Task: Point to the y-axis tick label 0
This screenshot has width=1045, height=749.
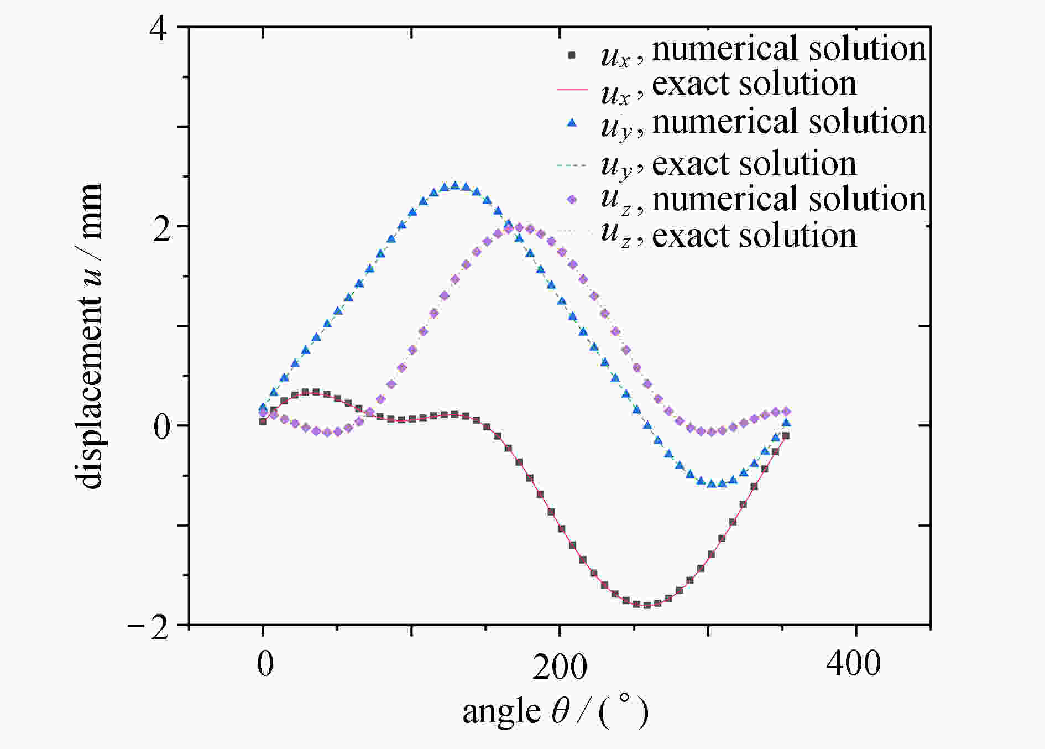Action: [x=162, y=428]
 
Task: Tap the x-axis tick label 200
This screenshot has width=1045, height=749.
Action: [x=560, y=667]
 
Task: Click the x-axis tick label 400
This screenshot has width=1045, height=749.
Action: [x=853, y=663]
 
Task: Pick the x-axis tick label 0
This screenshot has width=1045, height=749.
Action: [x=265, y=664]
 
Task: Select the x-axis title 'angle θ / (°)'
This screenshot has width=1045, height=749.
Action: [x=555, y=712]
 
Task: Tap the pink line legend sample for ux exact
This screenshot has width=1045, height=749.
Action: [x=572, y=89]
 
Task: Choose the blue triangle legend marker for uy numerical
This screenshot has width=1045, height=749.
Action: [x=572, y=124]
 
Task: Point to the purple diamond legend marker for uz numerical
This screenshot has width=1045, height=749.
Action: [x=572, y=200]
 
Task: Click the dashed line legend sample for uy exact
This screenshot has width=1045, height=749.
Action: [x=572, y=164]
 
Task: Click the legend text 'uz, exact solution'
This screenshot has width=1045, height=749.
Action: [x=729, y=236]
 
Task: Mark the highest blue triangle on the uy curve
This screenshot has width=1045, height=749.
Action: [x=455, y=186]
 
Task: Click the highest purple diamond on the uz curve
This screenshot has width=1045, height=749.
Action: [x=519, y=227]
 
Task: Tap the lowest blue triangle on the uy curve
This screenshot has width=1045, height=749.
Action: [x=712, y=483]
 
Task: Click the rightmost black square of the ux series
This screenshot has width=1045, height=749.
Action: [x=786, y=436]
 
